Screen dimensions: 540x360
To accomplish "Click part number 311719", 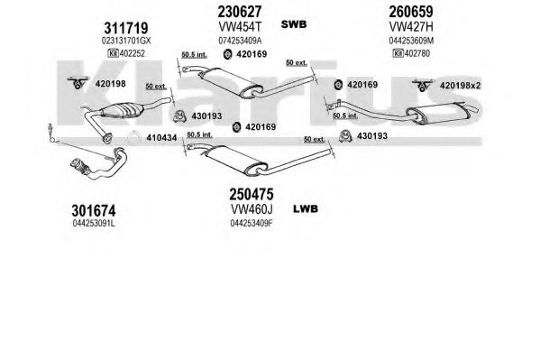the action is pos(125,28).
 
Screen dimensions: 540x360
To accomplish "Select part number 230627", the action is pos(240,12).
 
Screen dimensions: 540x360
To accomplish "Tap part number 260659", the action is pos(411,12).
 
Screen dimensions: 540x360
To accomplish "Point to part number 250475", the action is pos(252,195).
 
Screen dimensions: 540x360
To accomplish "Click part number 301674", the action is pos(94,210).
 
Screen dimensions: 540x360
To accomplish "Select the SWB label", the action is pos(294,24).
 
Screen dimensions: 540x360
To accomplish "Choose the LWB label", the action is pos(306,209).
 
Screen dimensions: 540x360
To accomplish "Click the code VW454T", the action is pos(240,26).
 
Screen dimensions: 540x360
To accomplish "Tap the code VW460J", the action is pos(252,209).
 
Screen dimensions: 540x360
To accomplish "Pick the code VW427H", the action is pos(411,26).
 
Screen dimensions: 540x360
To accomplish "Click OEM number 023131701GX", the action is pos(126,41).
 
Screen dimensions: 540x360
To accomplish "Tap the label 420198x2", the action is pos(460,86).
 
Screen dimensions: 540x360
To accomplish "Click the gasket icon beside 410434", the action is pos(133,138).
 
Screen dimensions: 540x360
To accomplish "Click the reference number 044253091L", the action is pos(94,224).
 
